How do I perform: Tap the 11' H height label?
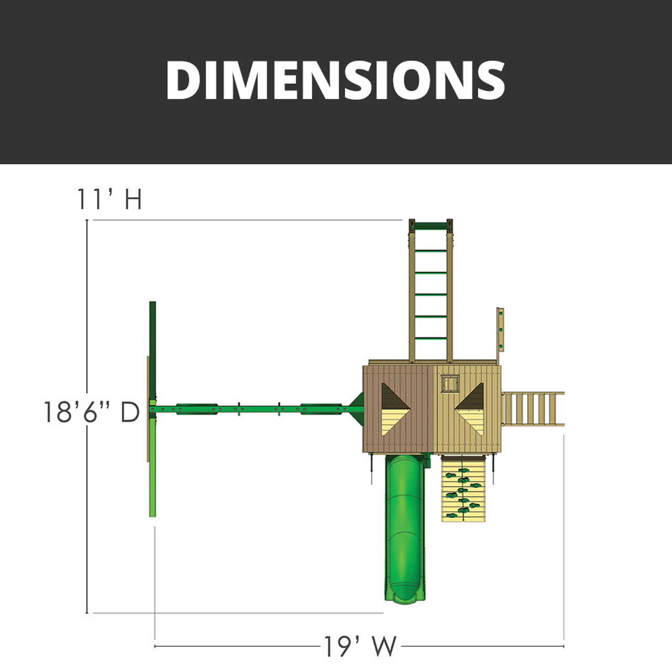(109, 200)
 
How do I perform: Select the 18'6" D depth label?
(91, 412)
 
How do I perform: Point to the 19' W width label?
(360, 646)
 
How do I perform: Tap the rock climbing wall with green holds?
(463, 488)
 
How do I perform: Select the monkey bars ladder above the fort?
(431, 294)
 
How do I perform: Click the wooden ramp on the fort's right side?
(532, 408)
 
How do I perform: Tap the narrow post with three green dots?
(500, 330)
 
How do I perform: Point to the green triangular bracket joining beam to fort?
(356, 408)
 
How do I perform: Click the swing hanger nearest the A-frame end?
(197, 408)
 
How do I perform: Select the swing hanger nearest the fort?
(321, 408)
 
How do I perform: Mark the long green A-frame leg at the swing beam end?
(152, 408)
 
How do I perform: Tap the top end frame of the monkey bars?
(431, 225)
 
